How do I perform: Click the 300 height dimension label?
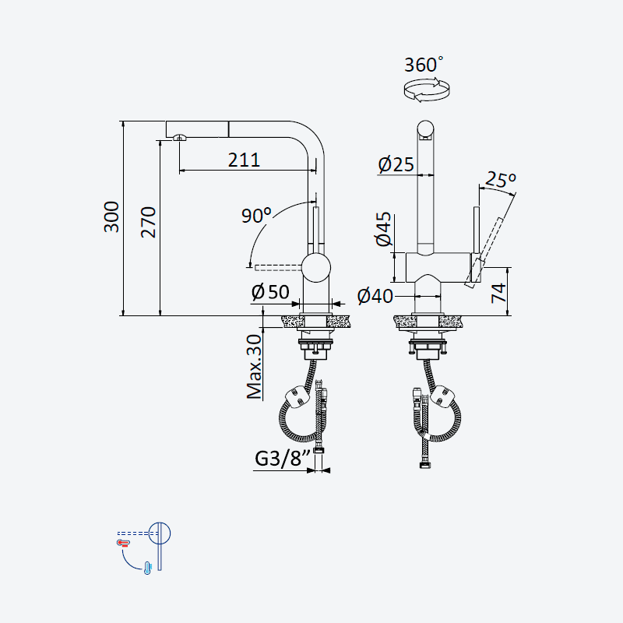tap(111, 216)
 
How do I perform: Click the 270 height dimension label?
tap(148, 222)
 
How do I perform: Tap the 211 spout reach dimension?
tap(244, 160)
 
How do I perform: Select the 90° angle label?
tap(257, 215)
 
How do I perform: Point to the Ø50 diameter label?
tap(270, 292)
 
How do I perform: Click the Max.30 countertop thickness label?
tap(255, 366)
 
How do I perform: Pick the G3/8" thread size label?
tap(282, 458)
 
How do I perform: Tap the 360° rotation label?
tap(424, 65)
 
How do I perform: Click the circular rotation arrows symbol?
tap(427, 90)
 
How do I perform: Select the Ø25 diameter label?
tap(396, 164)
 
